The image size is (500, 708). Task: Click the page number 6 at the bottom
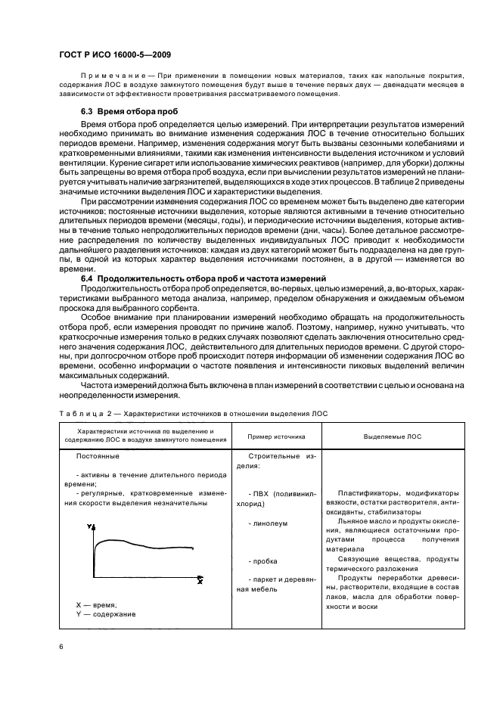pyautogui.click(x=61, y=644)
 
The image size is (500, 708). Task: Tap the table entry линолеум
pyautogui.click(x=271, y=523)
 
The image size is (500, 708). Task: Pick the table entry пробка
pyautogui.click(x=267, y=560)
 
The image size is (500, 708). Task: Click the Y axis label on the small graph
pyautogui.click(x=90, y=526)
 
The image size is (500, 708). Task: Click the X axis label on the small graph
pyautogui.click(x=200, y=581)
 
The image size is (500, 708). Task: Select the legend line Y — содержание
pyautogui.click(x=106, y=614)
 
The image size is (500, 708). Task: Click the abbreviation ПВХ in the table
pyautogui.click(x=262, y=493)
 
